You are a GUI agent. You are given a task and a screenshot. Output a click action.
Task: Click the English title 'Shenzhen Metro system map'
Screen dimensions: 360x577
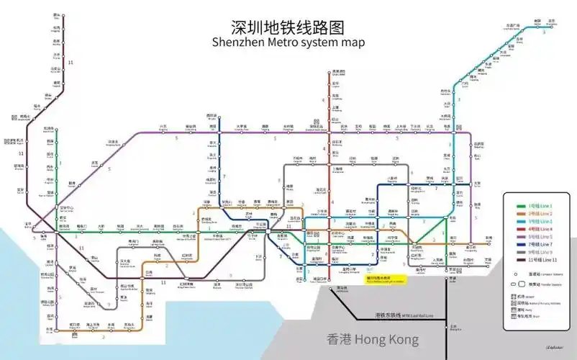[288, 43]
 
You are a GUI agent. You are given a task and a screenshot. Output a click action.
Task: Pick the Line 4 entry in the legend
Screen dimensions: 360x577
[537, 229]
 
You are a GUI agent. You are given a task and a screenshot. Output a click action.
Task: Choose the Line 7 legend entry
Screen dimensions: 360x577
[537, 244]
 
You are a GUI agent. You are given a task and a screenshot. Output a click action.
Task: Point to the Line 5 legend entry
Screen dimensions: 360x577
[537, 236]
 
